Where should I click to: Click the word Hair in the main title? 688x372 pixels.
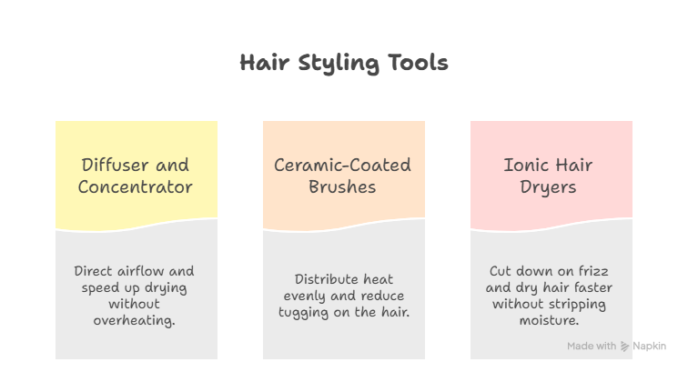[265, 62]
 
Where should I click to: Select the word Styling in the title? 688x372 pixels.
[339, 64]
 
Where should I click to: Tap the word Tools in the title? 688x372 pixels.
[419, 62]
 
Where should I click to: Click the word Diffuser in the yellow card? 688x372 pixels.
[115, 165]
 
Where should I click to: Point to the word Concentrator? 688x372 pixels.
[135, 186]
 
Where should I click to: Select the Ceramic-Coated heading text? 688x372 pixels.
[343, 165]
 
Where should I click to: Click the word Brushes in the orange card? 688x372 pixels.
[342, 186]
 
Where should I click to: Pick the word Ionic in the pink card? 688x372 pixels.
[525, 165]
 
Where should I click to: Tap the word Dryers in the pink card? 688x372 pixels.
[548, 187]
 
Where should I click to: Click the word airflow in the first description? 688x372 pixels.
[141, 271]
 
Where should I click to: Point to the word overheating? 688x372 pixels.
[134, 321]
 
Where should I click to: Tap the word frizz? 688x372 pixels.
[593, 271]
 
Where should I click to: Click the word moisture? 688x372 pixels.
[549, 321]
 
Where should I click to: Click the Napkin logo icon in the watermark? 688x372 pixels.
[625, 347]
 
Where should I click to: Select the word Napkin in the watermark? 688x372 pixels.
[650, 347]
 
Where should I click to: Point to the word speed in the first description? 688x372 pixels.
[100, 288]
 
